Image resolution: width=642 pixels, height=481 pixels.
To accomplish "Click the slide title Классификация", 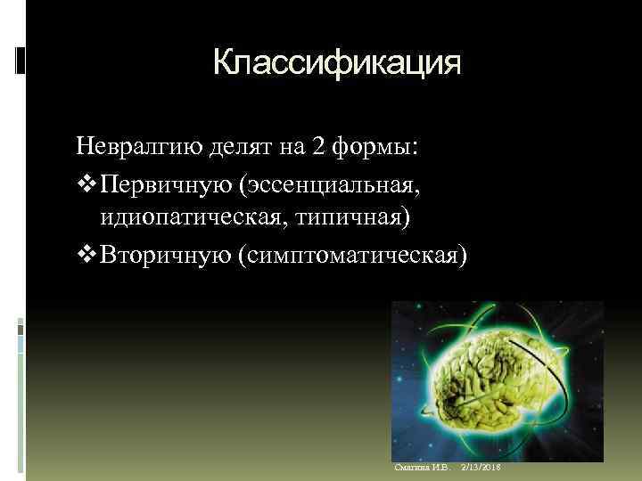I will coord(337,64).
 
